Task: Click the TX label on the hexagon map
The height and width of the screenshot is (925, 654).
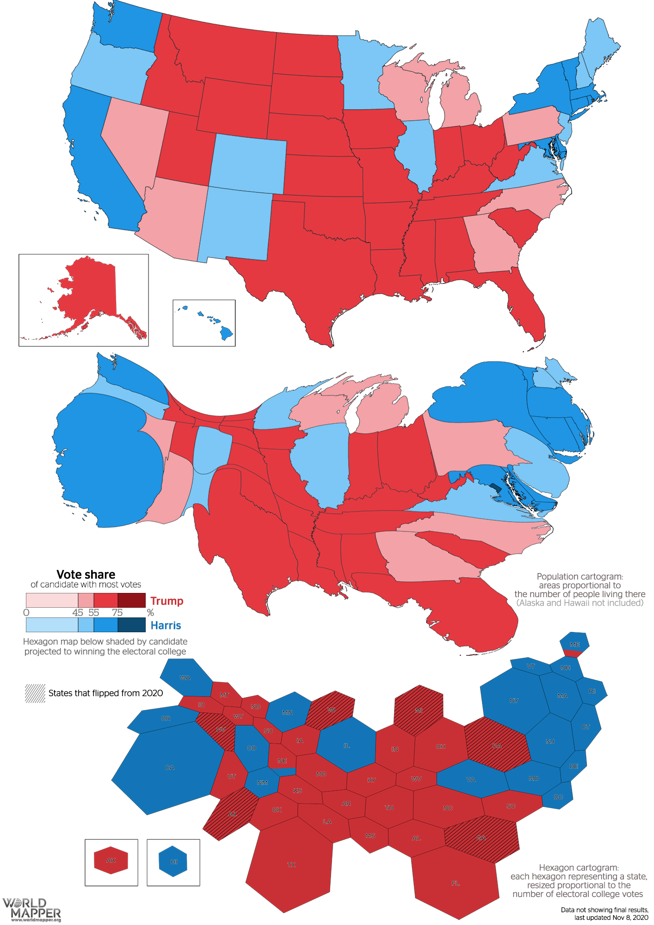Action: pyautogui.click(x=291, y=864)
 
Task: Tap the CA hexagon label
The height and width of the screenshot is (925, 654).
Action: pyautogui.click(x=170, y=767)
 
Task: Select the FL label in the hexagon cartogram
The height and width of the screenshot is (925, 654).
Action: pyautogui.click(x=455, y=883)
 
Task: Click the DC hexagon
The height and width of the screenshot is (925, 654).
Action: pyautogui.click(x=558, y=797)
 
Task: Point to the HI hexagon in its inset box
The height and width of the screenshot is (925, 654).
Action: pyautogui.click(x=173, y=861)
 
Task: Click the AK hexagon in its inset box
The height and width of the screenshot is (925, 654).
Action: pyautogui.click(x=111, y=860)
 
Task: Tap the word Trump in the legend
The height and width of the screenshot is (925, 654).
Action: pyautogui.click(x=167, y=601)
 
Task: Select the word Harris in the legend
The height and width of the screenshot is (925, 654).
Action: pyautogui.click(x=166, y=625)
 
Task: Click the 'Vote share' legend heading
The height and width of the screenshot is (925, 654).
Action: pyautogui.click(x=86, y=574)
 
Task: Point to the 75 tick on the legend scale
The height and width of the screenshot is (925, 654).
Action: pyautogui.click(x=117, y=612)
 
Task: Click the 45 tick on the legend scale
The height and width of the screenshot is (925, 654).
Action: pyautogui.click(x=78, y=612)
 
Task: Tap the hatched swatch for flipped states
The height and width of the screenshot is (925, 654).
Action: pyautogui.click(x=35, y=693)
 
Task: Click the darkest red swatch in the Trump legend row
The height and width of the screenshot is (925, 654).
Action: pyautogui.click(x=131, y=600)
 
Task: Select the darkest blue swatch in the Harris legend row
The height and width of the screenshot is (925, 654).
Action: pyautogui.click(x=131, y=625)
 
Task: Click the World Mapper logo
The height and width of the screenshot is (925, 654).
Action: pyautogui.click(x=31, y=909)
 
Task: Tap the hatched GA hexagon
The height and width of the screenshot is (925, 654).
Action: pyautogui.click(x=481, y=838)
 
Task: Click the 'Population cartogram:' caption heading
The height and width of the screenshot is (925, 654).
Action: pyautogui.click(x=580, y=576)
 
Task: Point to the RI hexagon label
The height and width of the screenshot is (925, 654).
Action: pyautogui.click(x=592, y=691)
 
